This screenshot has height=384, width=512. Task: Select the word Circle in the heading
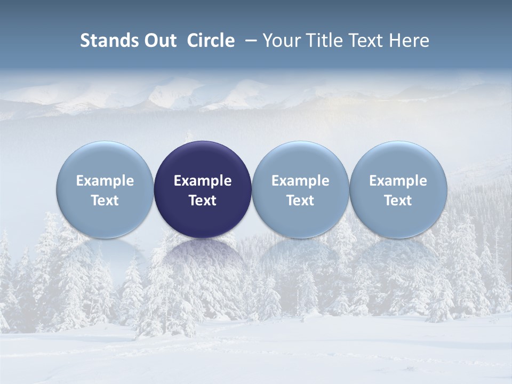point(211,41)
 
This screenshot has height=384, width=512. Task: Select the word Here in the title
point(409,41)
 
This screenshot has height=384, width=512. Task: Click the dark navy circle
point(203,189)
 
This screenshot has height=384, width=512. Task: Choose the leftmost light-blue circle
point(105,189)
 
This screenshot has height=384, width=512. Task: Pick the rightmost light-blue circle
point(398,189)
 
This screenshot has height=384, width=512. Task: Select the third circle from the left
point(300,189)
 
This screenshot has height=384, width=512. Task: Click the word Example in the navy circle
point(203,181)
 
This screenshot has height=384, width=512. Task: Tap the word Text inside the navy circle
point(203,201)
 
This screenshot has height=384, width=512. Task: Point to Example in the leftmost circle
point(105,181)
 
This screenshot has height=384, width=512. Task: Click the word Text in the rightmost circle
point(398,201)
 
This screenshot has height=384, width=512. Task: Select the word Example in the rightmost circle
point(398,181)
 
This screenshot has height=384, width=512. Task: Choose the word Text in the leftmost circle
point(105,201)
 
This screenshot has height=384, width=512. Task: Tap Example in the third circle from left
point(300,181)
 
